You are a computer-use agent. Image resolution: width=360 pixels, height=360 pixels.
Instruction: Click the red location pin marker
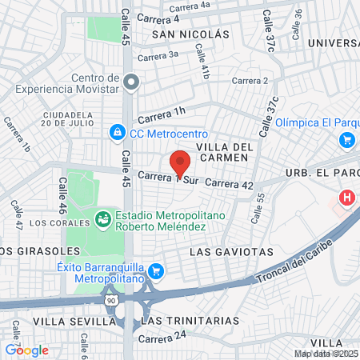[180, 162]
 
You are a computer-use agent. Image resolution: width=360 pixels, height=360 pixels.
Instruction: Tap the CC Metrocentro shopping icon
[118, 130]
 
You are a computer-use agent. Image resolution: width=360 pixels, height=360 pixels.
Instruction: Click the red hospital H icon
[346, 197]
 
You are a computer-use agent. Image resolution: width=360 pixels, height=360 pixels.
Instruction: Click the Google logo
[26, 350]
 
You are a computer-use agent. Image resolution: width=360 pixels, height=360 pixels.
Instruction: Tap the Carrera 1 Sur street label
[166, 178]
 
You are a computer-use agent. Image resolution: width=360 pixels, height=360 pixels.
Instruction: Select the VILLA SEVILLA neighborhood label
[62, 320]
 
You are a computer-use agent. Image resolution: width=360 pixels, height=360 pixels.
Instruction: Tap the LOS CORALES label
[31, 222]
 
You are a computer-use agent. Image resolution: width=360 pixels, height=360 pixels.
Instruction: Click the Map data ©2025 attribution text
[326, 354]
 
